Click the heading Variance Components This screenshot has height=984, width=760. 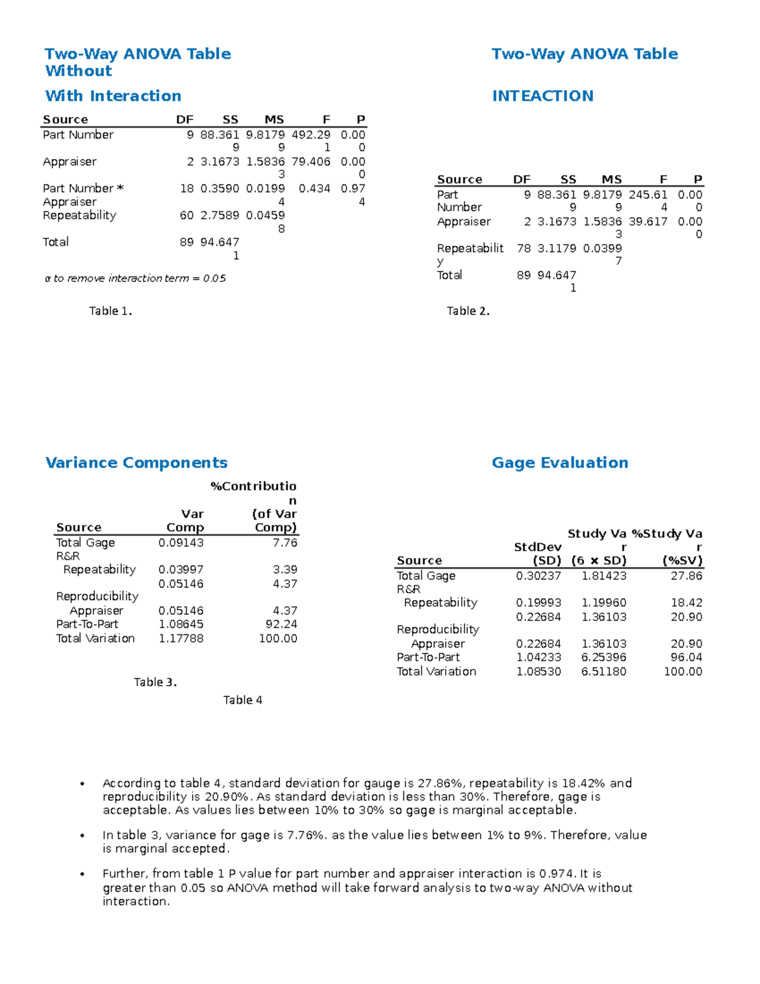(136, 463)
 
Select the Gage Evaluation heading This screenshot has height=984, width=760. (560, 463)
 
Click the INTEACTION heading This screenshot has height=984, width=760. (543, 96)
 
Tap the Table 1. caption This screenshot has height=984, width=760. (110, 310)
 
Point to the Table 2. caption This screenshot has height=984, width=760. (468, 310)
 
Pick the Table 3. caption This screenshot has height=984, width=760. (155, 682)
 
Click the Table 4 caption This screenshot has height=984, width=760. (243, 700)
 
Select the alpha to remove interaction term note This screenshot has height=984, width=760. (135, 278)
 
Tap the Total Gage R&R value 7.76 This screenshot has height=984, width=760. (285, 542)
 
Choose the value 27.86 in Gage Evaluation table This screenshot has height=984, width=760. (687, 575)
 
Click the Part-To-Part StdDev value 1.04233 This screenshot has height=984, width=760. (538, 657)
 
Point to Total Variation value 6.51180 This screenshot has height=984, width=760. (604, 671)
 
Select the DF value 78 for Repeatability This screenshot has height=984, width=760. (524, 248)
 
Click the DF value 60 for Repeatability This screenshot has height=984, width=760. (187, 215)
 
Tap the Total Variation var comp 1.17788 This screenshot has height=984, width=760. (181, 638)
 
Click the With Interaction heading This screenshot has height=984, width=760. (113, 96)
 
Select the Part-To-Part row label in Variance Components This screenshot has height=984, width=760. (87, 624)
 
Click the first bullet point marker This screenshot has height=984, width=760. (82, 784)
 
